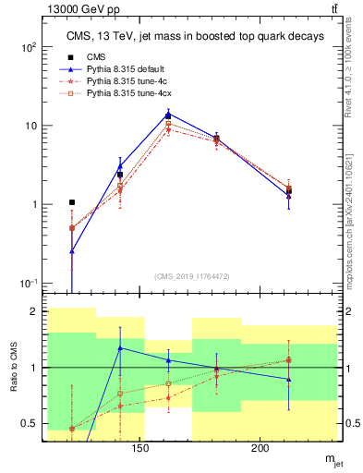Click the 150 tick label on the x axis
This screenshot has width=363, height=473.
(x=139, y=450)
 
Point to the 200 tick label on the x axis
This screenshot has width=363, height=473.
(x=260, y=450)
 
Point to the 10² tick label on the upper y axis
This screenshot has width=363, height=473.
(x=30, y=46)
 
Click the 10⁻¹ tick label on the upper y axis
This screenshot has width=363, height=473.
(x=30, y=283)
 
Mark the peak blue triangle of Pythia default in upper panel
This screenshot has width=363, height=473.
(x=167, y=115)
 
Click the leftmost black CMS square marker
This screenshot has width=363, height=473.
(x=72, y=202)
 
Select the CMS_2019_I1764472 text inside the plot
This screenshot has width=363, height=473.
(x=192, y=276)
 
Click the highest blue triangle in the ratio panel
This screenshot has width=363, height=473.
(x=120, y=347)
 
